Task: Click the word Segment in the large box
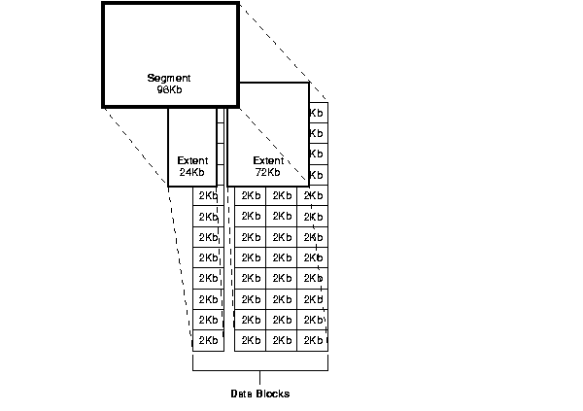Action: (169, 78)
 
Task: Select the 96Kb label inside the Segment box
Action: (169, 89)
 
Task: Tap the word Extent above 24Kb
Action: (192, 160)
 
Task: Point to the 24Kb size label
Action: (192, 172)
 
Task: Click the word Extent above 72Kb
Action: (268, 160)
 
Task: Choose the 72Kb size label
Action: (268, 172)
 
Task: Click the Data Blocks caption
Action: (259, 394)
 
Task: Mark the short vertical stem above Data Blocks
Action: (259, 377)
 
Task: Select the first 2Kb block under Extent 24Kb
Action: (207, 195)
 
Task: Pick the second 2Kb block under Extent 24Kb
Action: (207, 216)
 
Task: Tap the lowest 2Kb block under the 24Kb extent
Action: (207, 340)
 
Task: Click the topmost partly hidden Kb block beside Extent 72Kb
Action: (317, 113)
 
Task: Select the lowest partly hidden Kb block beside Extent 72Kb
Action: (317, 174)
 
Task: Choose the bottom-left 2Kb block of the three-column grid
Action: (251, 340)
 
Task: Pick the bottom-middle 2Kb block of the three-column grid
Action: (282, 340)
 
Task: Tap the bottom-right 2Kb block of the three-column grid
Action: (313, 340)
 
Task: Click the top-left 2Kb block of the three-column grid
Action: (251, 195)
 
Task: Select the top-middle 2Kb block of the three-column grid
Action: (282, 195)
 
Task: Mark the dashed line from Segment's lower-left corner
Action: (136, 146)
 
